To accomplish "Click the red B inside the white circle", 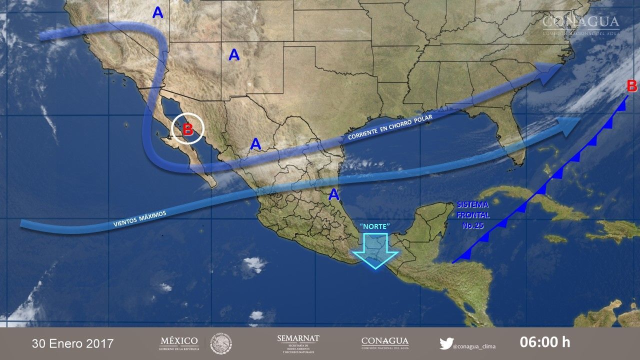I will tap(187, 129).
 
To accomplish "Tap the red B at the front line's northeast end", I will tap(632, 86).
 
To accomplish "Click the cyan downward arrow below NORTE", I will tap(375, 250).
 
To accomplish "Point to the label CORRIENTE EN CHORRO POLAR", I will tap(390, 127).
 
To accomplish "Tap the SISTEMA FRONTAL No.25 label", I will tap(472, 214).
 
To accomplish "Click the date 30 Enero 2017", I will tap(72, 343).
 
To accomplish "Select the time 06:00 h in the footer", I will tap(544, 342).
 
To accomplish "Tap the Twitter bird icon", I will tap(446, 343).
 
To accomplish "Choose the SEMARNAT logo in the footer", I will tap(298, 342).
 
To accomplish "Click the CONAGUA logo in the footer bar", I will tap(384, 342).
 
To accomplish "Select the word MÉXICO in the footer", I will tap(178, 341).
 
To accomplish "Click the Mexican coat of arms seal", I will tap(220, 343).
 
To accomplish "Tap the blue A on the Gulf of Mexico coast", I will tap(333, 194).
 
